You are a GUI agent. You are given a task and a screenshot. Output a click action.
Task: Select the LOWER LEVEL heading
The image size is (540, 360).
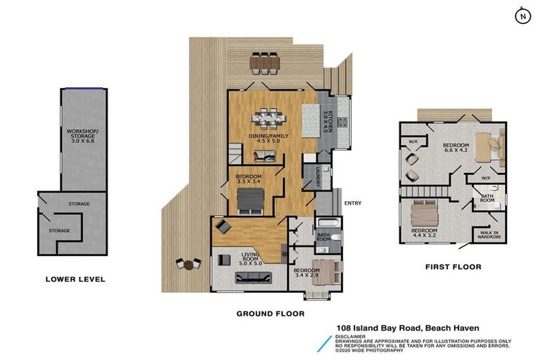(x=75, y=279)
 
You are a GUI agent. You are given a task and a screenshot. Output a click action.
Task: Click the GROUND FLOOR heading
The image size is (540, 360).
(x=270, y=314)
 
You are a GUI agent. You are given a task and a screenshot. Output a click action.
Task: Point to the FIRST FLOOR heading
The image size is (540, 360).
(x=453, y=267)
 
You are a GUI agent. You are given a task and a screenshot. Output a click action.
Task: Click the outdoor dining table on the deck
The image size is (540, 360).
(x=264, y=63)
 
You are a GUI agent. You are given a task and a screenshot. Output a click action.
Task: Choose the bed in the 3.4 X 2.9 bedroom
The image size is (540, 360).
(x=326, y=271)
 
